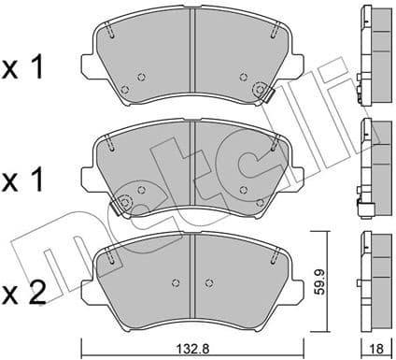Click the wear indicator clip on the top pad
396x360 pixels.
(x=261, y=91)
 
